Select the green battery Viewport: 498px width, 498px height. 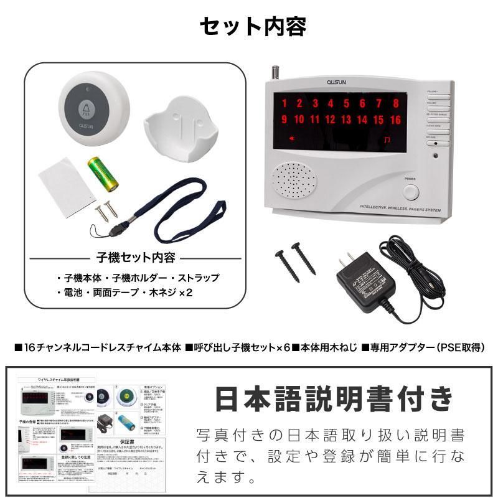[103, 173]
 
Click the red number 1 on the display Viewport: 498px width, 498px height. [284, 104]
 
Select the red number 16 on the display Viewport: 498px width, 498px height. [395, 120]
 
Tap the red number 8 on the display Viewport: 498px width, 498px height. [395, 104]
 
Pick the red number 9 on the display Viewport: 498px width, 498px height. [284, 120]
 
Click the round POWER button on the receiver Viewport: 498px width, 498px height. [411, 190]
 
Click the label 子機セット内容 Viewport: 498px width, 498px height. [136, 257]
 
